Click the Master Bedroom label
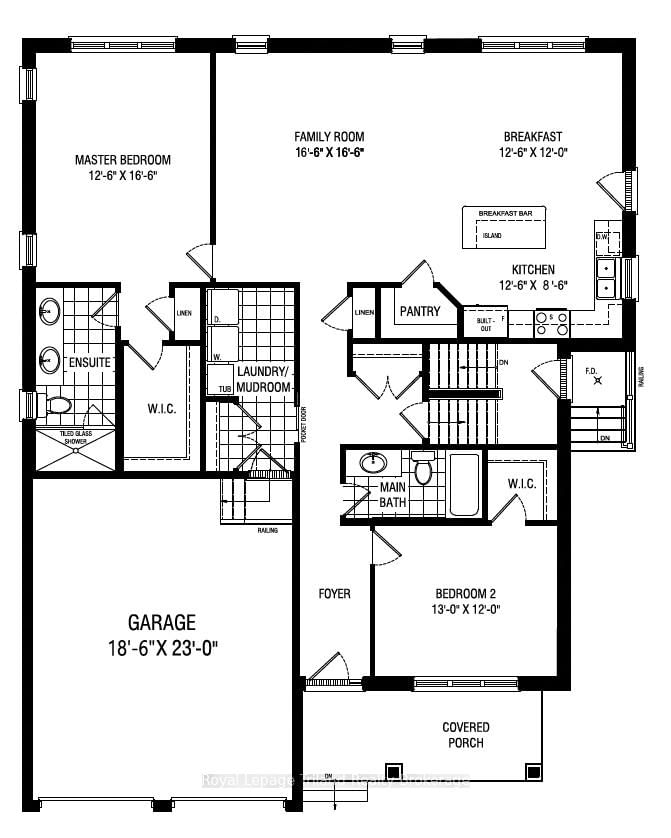(123, 160)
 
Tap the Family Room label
(328, 137)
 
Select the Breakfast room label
(532, 137)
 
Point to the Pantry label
(420, 312)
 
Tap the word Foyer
(334, 594)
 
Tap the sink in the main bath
(374, 463)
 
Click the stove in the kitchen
(552, 323)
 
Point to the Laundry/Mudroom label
(263, 379)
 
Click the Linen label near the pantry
(364, 313)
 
